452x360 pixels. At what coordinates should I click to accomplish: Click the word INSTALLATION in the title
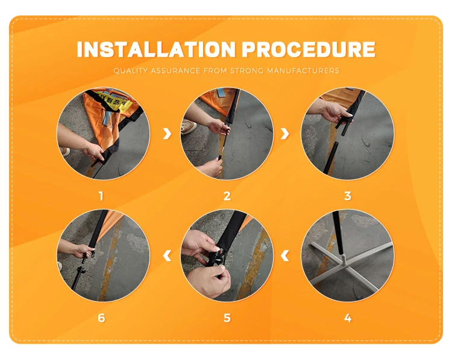157,49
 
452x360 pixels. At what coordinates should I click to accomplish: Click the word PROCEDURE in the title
309,49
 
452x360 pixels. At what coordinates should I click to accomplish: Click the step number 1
101,196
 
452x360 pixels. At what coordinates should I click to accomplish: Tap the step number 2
227,196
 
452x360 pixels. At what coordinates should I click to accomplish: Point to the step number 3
348,196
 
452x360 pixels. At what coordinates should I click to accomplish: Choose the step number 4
348,318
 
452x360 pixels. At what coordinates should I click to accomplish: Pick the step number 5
227,318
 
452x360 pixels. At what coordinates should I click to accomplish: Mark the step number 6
101,318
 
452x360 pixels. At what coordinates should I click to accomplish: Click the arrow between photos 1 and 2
167,134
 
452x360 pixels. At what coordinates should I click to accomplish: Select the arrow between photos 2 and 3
285,134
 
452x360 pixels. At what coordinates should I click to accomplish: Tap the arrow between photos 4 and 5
285,256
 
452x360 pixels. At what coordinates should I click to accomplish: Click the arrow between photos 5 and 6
167,256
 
